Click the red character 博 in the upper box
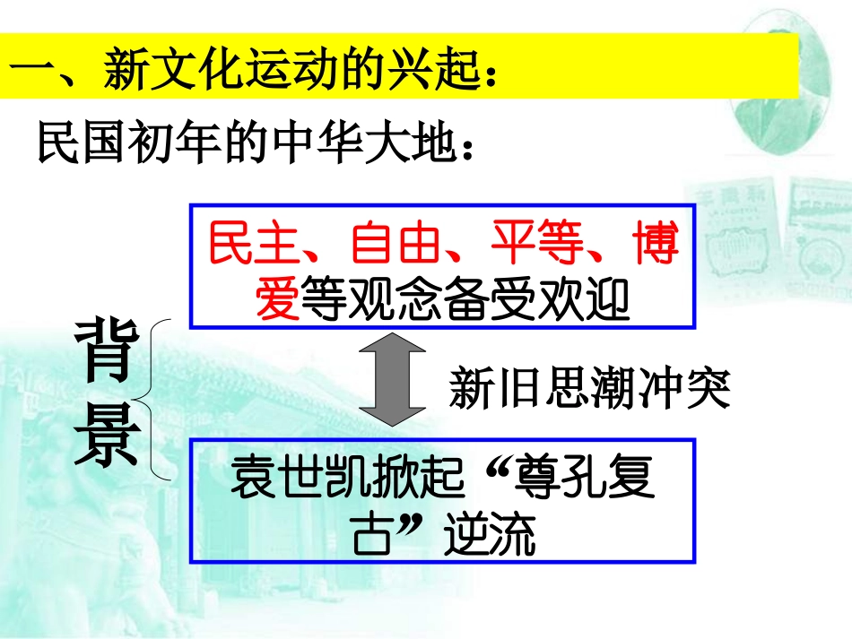(654, 244)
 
